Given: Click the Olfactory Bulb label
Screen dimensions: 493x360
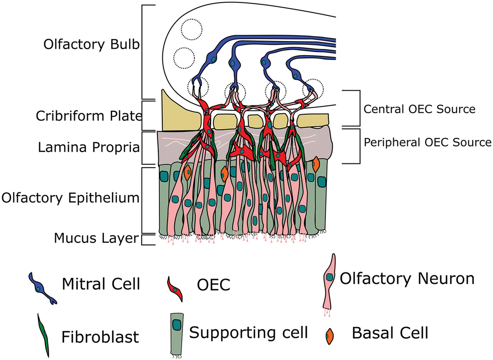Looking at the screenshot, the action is tap(91, 44).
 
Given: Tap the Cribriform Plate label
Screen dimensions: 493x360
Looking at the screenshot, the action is tap(89, 116).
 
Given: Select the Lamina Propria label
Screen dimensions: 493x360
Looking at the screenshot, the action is tap(89, 147).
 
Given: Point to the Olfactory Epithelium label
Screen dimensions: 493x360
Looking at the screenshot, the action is tap(70, 198).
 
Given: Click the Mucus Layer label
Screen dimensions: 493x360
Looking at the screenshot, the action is tap(96, 238).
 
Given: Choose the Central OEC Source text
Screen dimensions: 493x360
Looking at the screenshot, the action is tap(419, 109).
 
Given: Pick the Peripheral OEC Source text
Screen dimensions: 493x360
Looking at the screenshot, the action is tap(428, 142).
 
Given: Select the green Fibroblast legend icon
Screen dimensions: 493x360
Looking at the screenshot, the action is tap(43, 335).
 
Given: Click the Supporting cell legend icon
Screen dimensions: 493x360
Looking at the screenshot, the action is tap(177, 335).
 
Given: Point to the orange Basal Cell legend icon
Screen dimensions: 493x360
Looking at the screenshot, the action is tap(329, 336).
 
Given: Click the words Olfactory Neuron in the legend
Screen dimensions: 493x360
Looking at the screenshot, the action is tap(407, 279).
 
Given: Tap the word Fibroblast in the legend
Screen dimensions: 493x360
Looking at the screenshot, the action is tap(100, 337).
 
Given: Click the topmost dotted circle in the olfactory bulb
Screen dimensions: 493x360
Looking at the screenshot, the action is tap(192, 29).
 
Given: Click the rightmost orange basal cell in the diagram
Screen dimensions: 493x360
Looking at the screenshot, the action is tap(316, 164).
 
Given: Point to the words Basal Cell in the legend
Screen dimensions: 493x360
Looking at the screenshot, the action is tap(390, 333).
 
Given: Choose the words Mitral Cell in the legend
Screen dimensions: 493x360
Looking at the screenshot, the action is tap(101, 284).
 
